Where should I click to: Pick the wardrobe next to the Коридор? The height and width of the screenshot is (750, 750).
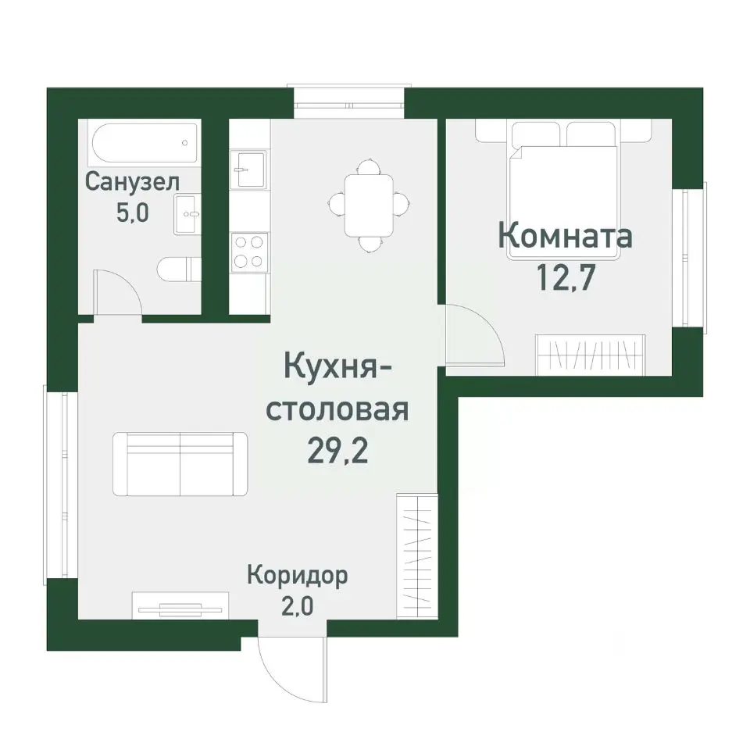(415, 543)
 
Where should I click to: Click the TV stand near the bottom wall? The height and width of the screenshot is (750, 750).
(180, 604)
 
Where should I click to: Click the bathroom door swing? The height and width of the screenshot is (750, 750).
(117, 295)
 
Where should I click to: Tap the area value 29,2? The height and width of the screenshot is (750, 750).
(338, 451)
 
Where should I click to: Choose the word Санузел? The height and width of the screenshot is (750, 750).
(132, 182)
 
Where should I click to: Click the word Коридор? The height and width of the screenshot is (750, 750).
(297, 576)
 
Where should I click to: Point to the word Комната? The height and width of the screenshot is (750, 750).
(565, 235)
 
